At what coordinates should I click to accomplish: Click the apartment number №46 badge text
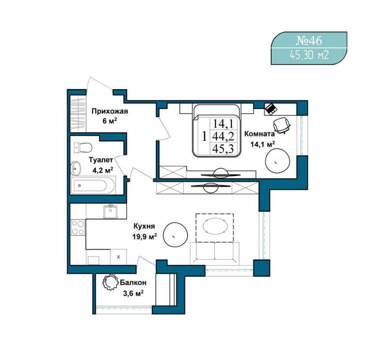pos(309,41)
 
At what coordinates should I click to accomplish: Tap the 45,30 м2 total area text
pos(309,56)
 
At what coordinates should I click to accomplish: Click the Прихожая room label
pos(110,111)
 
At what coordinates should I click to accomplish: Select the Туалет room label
pos(101,160)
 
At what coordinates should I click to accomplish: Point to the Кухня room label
pos(144,226)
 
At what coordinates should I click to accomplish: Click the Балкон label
pos(133,283)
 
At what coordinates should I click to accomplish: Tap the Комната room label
pos(259,134)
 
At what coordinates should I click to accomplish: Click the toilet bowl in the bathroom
pos(83,147)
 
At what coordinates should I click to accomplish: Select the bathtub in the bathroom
pos(93,185)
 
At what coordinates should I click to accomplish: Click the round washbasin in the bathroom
pos(75,168)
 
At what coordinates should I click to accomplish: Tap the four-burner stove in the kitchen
pos(78,227)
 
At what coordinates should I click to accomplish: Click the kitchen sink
pos(111,211)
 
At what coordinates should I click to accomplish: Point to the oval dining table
pos(215,226)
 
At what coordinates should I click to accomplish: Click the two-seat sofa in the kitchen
pos(215,253)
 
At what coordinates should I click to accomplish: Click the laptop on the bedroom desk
pos(271,109)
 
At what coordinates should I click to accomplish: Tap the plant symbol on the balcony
pos(110,282)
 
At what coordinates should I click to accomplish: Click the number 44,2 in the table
pos(223,136)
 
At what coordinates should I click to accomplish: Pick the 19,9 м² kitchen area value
pos(145,236)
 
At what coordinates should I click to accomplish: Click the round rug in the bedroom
pos(277,161)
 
